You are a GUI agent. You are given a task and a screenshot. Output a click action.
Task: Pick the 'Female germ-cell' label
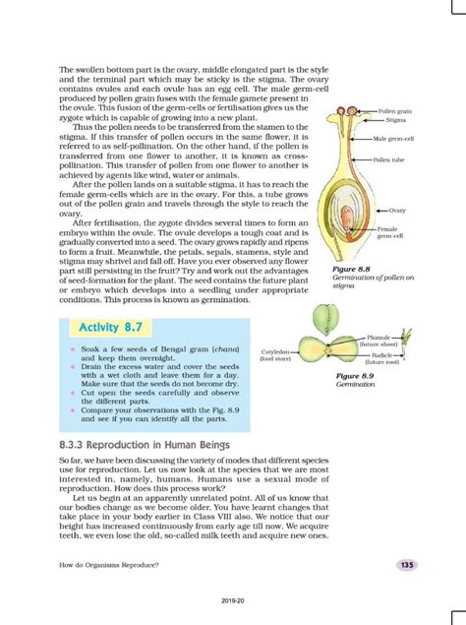click(x=393, y=232)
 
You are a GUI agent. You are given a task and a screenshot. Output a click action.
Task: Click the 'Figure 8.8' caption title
click(x=350, y=269)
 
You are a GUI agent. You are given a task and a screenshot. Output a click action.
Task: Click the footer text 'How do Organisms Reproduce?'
click(x=109, y=564)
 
